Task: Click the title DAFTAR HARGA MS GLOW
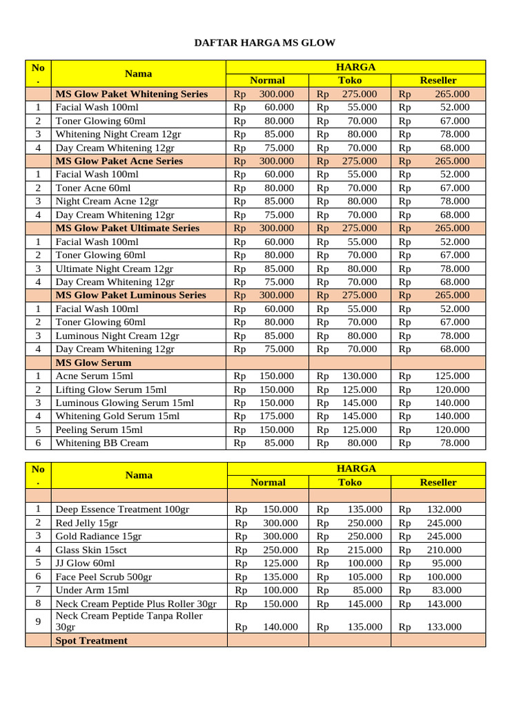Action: [265, 43]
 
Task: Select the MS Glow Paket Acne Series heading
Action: [119, 161]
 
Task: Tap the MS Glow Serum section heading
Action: [93, 362]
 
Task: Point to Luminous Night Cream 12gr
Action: [117, 336]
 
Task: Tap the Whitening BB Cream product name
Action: [102, 443]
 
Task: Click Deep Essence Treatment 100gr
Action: [122, 510]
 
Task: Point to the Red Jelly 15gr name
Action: [87, 523]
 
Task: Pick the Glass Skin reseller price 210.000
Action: [444, 550]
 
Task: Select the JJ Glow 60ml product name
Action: [86, 563]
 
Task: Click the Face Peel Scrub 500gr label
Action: [104, 577]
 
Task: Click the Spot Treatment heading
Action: [91, 641]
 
